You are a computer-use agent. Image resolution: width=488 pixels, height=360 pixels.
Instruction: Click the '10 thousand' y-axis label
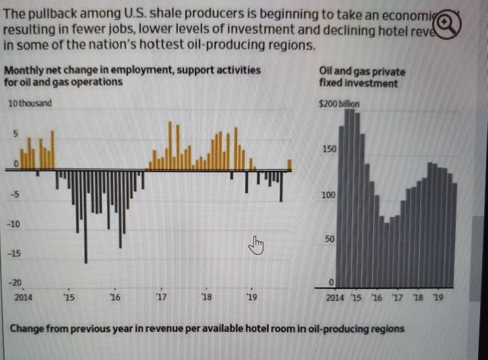click(x=30, y=103)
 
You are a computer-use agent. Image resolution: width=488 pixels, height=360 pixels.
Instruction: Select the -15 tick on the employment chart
click(x=13, y=253)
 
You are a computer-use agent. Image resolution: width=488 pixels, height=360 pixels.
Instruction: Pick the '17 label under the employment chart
click(x=161, y=298)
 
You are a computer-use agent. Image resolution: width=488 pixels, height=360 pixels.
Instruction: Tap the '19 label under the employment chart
click(x=251, y=298)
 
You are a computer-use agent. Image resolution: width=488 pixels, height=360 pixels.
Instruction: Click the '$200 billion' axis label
click(x=339, y=103)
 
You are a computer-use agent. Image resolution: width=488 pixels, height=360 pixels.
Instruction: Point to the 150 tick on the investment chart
click(x=329, y=150)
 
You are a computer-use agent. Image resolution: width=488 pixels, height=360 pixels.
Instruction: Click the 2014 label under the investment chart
click(x=335, y=298)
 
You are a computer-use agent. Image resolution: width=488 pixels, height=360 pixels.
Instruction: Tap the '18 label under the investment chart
click(x=417, y=298)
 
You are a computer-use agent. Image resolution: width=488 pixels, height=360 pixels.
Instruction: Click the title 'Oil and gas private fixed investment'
click(x=361, y=77)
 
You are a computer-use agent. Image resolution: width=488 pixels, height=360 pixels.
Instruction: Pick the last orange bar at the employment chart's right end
click(x=290, y=165)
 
